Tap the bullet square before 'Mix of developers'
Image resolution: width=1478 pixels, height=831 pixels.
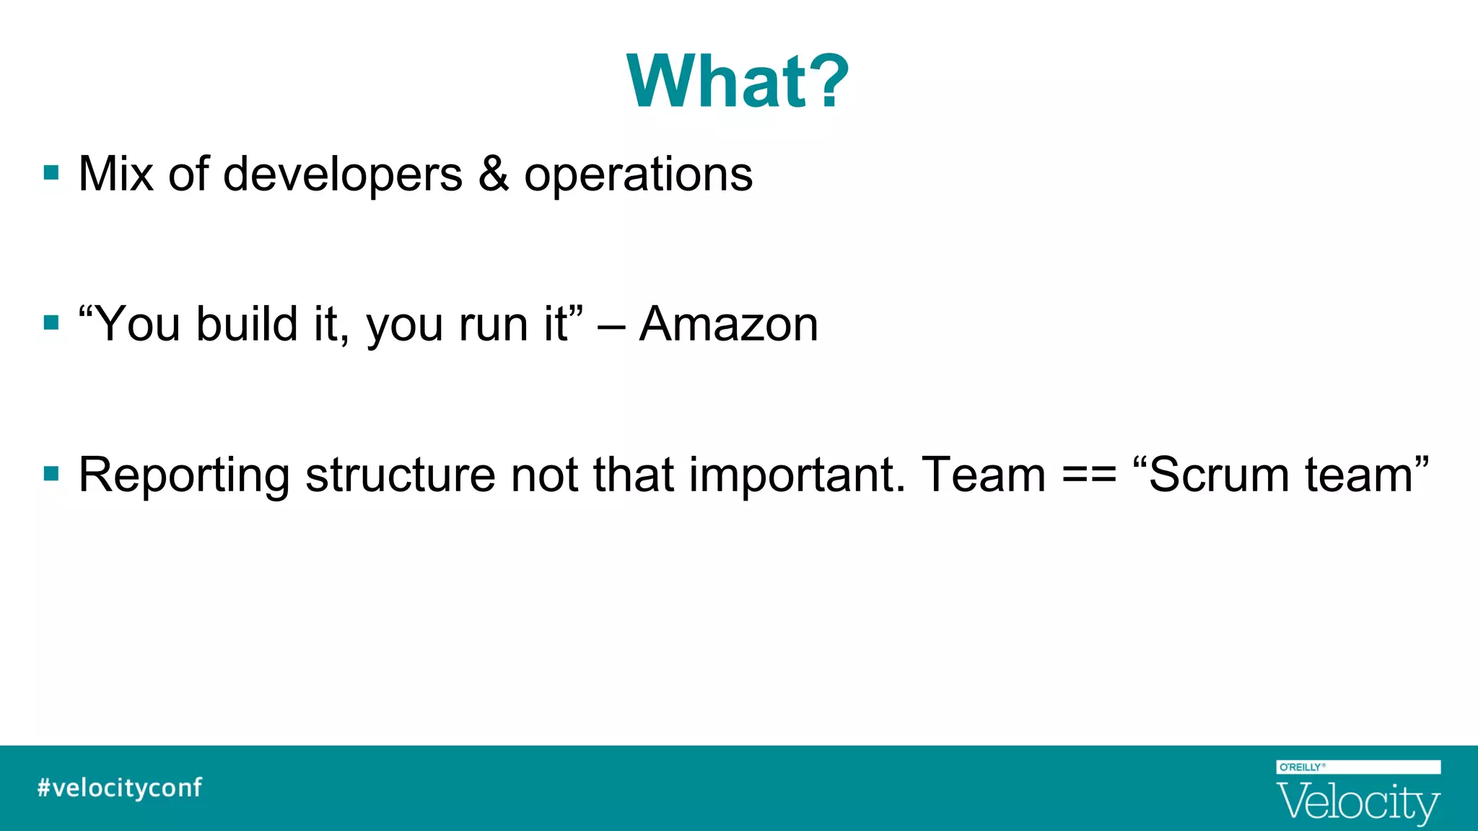click(x=51, y=173)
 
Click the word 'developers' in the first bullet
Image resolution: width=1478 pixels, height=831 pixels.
click(x=342, y=175)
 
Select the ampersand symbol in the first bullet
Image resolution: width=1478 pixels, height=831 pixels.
click(x=493, y=175)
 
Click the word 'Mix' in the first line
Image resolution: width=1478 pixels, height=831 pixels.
click(x=115, y=175)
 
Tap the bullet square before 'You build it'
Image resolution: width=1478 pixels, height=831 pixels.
click(x=51, y=322)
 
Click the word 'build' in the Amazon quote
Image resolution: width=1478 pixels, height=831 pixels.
click(x=247, y=324)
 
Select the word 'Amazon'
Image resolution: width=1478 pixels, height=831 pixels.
click(x=729, y=324)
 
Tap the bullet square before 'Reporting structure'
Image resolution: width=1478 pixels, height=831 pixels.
click(x=51, y=474)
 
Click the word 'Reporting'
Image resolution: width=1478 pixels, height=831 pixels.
click(x=184, y=476)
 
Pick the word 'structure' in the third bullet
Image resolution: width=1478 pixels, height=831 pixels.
click(x=400, y=475)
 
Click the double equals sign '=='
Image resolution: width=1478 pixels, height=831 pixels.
click(x=1090, y=476)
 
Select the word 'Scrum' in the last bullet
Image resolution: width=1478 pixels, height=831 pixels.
click(x=1218, y=475)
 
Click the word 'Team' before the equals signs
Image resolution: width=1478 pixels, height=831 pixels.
click(x=984, y=475)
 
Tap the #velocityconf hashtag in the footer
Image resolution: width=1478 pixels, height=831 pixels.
click(x=120, y=788)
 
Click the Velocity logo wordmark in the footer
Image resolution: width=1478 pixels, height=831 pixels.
click(x=1358, y=803)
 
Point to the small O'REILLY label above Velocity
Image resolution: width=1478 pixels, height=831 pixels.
click(x=1301, y=768)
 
